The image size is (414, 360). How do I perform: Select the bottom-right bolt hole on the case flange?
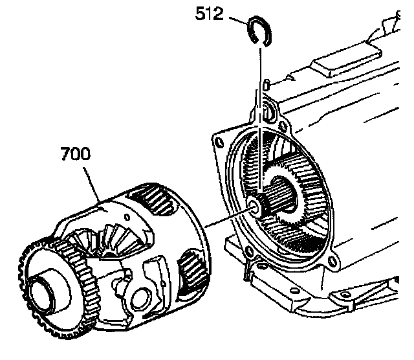(331, 262)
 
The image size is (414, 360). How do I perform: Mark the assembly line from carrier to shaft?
(226, 219)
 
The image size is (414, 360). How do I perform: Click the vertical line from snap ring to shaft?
(261, 129)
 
